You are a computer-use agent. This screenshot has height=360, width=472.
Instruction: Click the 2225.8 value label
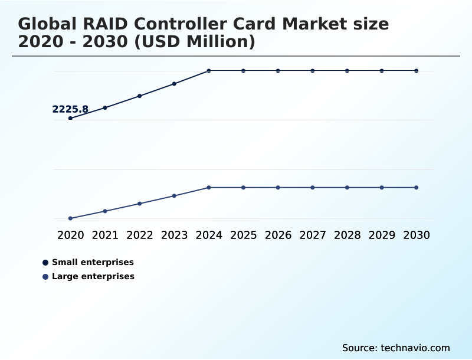coord(70,109)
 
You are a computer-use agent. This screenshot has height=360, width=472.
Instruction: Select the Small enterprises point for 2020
coord(70,118)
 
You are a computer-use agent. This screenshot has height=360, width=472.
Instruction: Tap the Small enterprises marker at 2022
coord(140,96)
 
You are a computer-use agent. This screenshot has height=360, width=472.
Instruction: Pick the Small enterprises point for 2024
coord(209,71)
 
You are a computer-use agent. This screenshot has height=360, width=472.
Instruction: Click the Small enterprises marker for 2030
coord(417,71)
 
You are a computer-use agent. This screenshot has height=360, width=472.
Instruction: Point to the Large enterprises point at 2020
coord(70,218)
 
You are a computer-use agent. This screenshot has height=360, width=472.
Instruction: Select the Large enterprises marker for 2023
coord(174,196)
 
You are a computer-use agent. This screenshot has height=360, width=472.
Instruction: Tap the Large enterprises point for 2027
coord(313,188)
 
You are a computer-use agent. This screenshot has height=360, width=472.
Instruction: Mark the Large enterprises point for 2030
coord(417,188)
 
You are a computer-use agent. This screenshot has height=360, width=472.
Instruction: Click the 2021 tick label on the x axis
coord(105,235)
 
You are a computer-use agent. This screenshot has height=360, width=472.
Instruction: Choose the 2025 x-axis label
coord(243,235)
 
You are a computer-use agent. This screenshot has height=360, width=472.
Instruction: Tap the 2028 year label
coord(347,235)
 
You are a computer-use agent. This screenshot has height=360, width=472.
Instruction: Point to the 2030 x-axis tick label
coord(417,235)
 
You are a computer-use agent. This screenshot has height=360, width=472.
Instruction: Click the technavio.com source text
coord(415,348)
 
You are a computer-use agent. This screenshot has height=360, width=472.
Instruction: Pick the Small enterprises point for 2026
coord(278,71)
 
